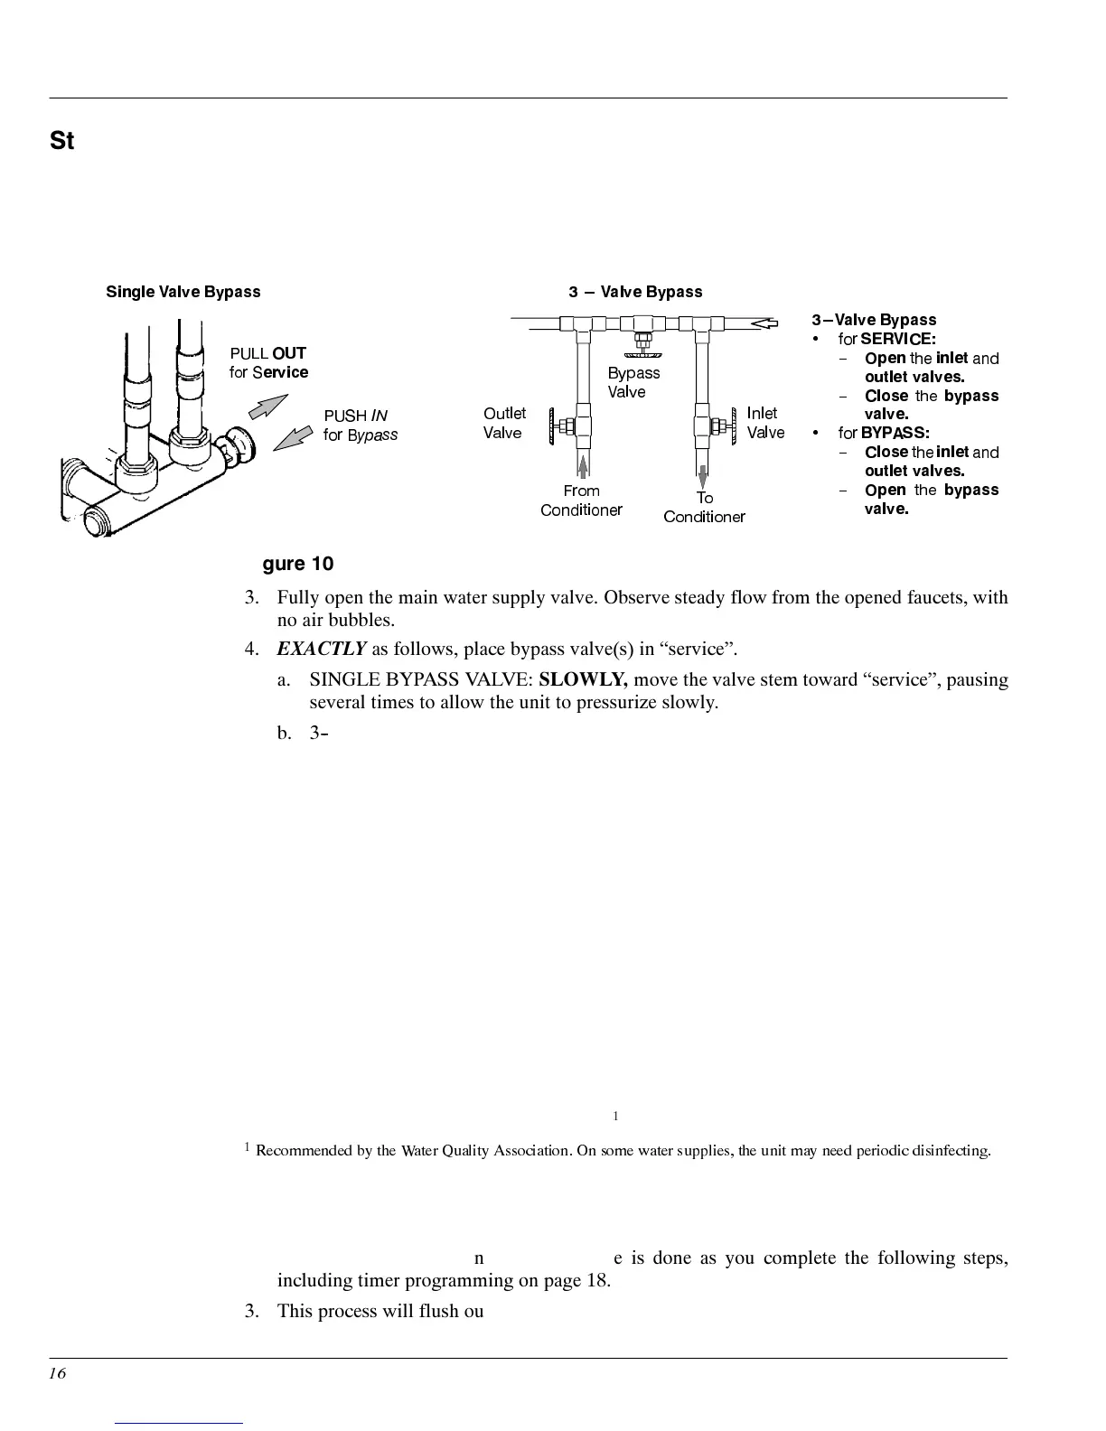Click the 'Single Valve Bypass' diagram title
pyautogui.click(x=183, y=292)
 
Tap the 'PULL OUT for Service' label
pyautogui.click(x=268, y=362)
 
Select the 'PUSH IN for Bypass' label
pyautogui.click(x=360, y=426)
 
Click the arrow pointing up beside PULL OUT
pyautogui.click(x=267, y=407)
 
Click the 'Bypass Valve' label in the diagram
pyautogui.click(x=633, y=382)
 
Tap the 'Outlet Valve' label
pyautogui.click(x=504, y=423)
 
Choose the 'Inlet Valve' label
pyautogui.click(x=764, y=423)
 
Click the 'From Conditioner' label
pyautogui.click(x=581, y=500)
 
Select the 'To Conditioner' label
pyautogui.click(x=704, y=508)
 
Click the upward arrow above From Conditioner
pyautogui.click(x=584, y=466)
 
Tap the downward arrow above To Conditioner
pyautogui.click(x=703, y=475)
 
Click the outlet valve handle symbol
pyautogui.click(x=567, y=425)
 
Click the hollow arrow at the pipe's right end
pyautogui.click(x=764, y=323)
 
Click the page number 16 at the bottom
pyautogui.click(x=58, y=1374)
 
